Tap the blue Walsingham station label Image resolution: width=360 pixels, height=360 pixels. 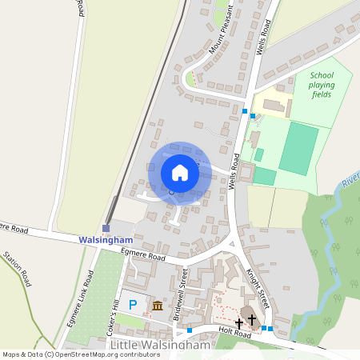[x=105, y=239]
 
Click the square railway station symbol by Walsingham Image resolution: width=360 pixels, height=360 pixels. [x=106, y=229]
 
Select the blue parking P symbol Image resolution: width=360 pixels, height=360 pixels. [x=133, y=304]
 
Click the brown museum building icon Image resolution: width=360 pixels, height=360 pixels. [x=157, y=306]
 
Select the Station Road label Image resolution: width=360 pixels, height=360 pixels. [x=18, y=270]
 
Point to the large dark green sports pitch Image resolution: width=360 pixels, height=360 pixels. [x=297, y=149]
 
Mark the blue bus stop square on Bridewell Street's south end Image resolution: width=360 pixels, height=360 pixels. [x=190, y=330]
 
